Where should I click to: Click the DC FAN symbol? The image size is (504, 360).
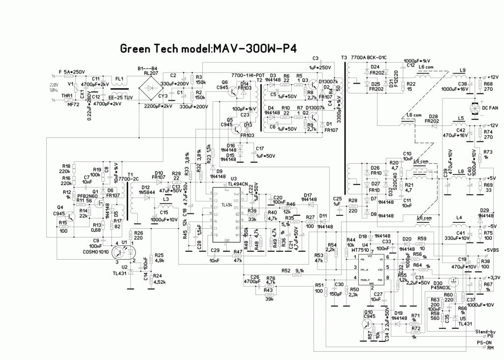tap(475, 108)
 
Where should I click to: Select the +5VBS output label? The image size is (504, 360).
tap(492, 250)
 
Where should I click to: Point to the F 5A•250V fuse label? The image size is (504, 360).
tap(72, 72)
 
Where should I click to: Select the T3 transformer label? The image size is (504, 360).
tap(344, 58)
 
